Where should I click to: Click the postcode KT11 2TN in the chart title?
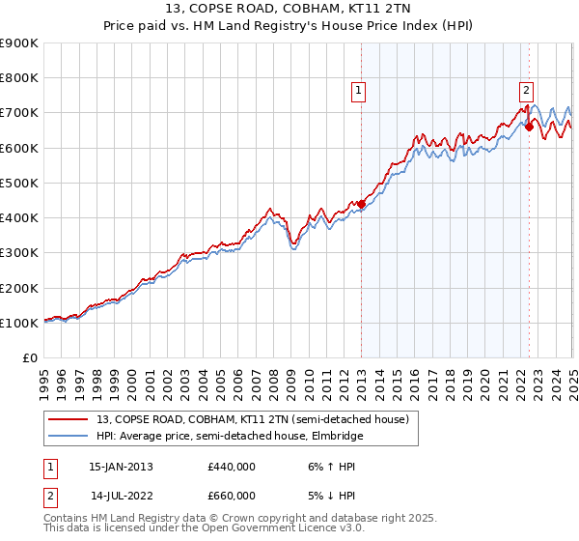tap(372, 9)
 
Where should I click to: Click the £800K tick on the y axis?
tap(19, 78)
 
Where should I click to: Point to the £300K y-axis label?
tap(19, 253)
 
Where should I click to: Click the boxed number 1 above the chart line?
tap(358, 92)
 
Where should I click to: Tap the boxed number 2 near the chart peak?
tap(526, 92)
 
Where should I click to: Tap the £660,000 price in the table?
tap(232, 496)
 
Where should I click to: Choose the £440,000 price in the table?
tap(232, 467)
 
